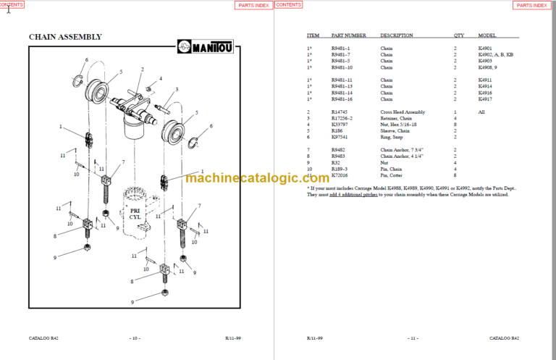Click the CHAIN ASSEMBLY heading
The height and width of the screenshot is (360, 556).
(x=64, y=37)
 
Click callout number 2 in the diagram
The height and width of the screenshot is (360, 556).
(x=142, y=70)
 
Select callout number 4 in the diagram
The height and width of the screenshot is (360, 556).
(x=160, y=78)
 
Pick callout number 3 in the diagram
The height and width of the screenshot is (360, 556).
(x=176, y=90)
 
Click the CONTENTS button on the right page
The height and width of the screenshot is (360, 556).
(x=288, y=5)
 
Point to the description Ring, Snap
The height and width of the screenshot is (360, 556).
(x=392, y=136)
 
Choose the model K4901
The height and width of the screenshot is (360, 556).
(x=486, y=48)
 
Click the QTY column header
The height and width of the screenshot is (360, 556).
(x=458, y=35)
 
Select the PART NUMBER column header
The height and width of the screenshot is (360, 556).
(x=348, y=35)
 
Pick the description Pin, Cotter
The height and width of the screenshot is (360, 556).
(x=393, y=175)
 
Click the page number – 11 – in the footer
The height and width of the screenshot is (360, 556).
(x=413, y=338)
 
